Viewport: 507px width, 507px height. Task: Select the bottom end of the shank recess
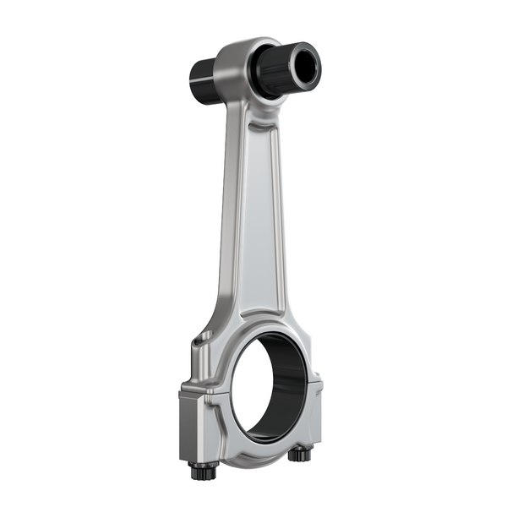click(253, 308)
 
